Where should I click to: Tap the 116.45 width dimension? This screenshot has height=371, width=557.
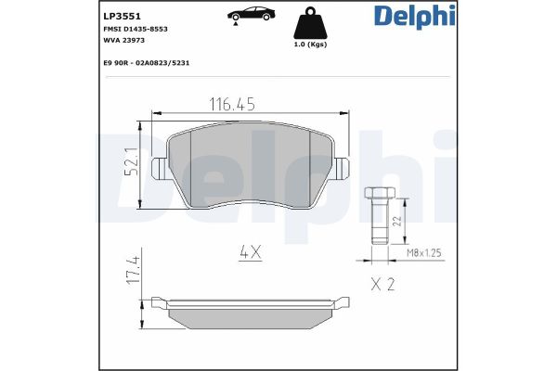(231, 105)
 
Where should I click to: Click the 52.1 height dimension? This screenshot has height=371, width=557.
(132, 164)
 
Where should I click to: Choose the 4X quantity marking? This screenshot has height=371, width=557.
(248, 250)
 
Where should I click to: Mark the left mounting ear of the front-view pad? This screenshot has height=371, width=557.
(159, 170)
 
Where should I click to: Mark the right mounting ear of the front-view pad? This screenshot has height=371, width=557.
(341, 170)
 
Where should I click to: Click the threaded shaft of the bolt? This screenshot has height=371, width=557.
(379, 223)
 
